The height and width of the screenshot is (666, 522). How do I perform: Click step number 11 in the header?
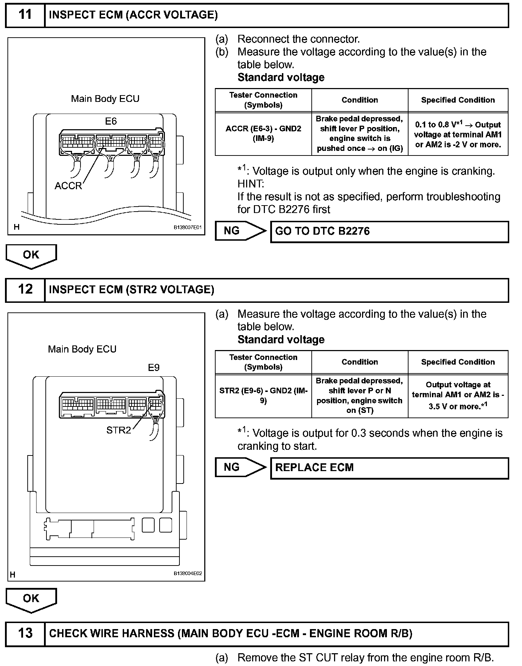[25, 15]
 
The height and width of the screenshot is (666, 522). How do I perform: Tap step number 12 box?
[25, 289]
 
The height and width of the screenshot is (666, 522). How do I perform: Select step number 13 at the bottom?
[25, 633]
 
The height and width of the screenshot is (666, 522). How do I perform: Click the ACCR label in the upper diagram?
[68, 186]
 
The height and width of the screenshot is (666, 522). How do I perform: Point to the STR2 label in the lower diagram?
[118, 430]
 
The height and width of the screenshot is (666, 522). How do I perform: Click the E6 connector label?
[111, 121]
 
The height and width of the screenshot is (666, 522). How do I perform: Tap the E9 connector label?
[154, 368]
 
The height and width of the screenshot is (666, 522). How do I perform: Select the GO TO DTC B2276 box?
[389, 231]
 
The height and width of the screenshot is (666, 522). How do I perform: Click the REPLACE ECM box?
[389, 468]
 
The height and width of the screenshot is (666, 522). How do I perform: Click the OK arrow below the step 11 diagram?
[31, 256]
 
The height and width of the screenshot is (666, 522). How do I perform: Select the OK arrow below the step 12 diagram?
[31, 599]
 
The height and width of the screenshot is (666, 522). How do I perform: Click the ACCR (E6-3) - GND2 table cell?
[263, 133]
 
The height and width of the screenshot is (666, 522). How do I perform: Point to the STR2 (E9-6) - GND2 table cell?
[263, 395]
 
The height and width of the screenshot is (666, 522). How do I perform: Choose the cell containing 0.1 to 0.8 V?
[458, 135]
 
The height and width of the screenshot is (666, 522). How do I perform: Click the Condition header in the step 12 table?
[360, 362]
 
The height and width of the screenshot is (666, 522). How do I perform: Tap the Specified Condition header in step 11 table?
[458, 100]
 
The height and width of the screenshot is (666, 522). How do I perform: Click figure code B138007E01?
[187, 227]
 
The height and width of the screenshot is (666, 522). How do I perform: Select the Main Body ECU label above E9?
[82, 349]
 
